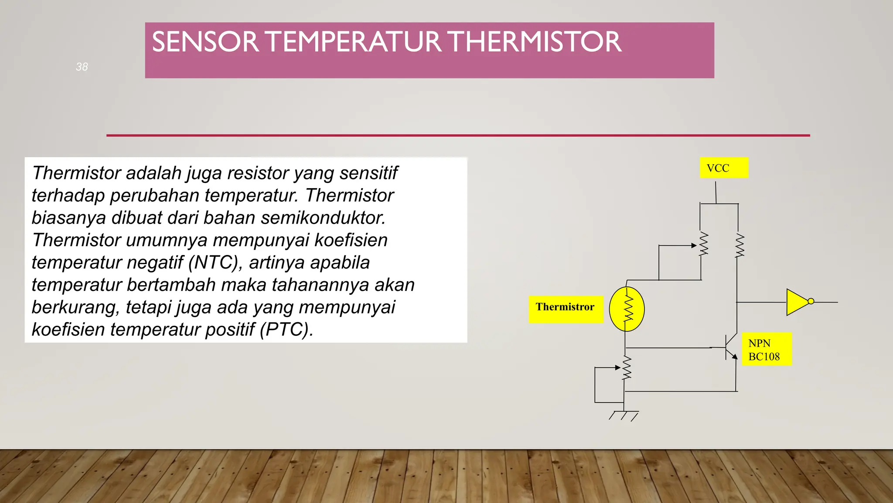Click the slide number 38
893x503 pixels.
click(x=82, y=67)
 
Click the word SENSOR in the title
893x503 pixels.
click(x=205, y=42)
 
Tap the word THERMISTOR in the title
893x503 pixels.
click(x=534, y=42)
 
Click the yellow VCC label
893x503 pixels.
click(x=723, y=168)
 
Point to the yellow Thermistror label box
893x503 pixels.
click(x=565, y=309)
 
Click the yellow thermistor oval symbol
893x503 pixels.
click(x=627, y=309)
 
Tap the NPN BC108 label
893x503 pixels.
click(x=766, y=350)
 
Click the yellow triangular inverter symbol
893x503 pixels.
click(x=797, y=302)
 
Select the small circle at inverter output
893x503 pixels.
click(x=811, y=301)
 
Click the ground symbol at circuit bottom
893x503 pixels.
click(x=624, y=415)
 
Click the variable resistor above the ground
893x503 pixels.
click(x=627, y=368)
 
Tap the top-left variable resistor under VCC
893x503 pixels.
click(x=703, y=244)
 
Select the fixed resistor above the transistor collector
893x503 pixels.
click(x=740, y=245)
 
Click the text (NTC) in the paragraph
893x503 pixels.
click(x=215, y=262)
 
